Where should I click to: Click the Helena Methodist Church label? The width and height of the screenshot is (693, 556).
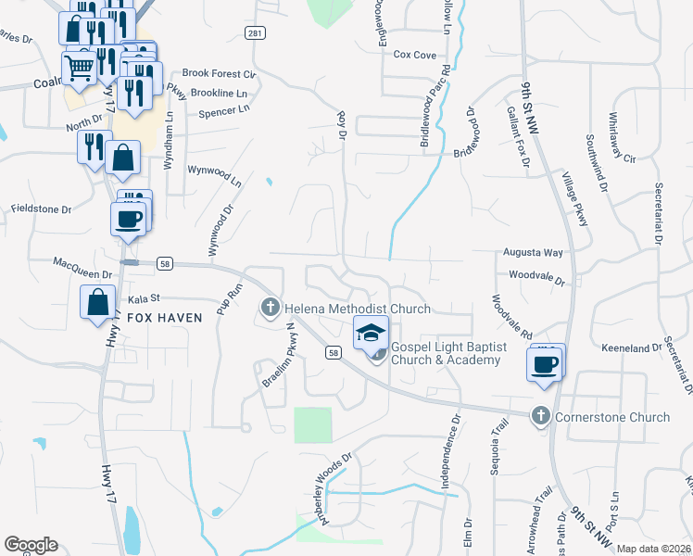coord(357,309)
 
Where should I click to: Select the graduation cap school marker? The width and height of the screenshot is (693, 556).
coord(371,333)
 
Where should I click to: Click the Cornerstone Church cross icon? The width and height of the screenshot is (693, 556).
coord(541,417)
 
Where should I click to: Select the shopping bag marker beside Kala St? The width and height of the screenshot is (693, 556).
coord(98,302)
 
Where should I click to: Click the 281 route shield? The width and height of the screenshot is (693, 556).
coord(256,33)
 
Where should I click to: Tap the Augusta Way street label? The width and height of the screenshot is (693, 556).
coord(533,252)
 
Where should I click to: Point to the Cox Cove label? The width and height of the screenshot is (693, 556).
coord(414,56)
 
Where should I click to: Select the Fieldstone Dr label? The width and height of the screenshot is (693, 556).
coord(41,209)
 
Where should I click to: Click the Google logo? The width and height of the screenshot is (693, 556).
coord(31,545)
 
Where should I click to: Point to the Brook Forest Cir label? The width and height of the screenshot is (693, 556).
coord(219,73)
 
